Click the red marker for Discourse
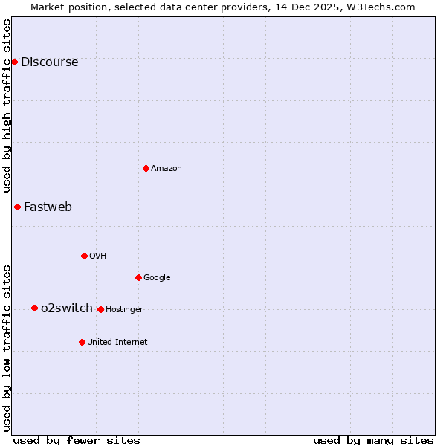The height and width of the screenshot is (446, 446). [x=14, y=62]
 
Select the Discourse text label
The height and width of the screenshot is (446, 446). [x=49, y=62]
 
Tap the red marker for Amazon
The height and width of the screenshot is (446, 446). [x=146, y=168]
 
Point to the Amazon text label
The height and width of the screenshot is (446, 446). [x=167, y=169]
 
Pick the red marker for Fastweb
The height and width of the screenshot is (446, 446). [x=17, y=207]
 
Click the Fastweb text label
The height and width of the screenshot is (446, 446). [x=48, y=207]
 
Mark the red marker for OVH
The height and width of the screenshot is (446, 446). [x=84, y=256]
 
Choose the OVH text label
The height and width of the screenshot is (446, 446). [x=98, y=256]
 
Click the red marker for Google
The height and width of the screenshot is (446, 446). [x=138, y=277]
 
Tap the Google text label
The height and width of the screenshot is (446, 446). [x=157, y=278]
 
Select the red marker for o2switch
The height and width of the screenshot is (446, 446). [x=34, y=308]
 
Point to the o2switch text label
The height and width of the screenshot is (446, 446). [x=67, y=308]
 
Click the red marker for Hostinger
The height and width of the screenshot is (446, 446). [x=100, y=309]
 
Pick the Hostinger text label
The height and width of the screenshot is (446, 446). [x=124, y=310]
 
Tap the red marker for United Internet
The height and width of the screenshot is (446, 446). [x=82, y=342]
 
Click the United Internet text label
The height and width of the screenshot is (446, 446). [x=117, y=343]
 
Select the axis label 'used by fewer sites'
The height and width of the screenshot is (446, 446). [x=77, y=440]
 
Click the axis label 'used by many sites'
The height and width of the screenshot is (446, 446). [x=373, y=440]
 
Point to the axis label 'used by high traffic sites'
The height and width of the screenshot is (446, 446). [x=7, y=106]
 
